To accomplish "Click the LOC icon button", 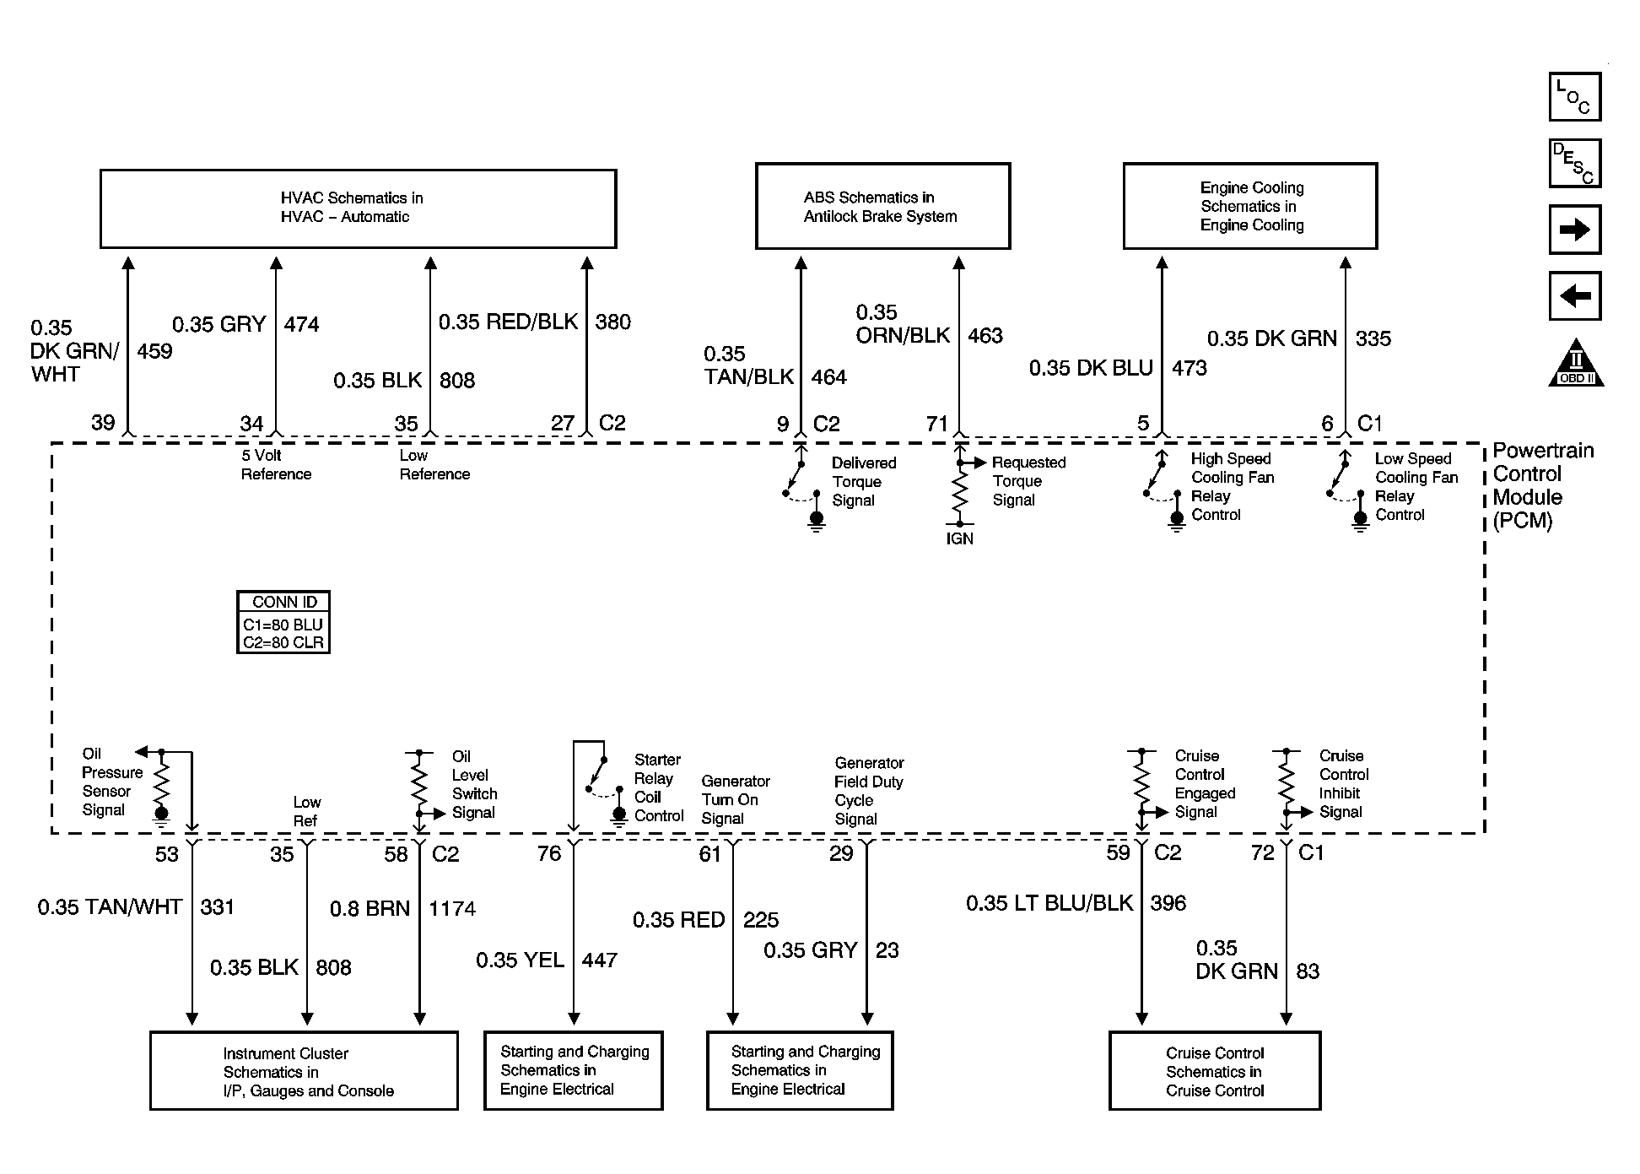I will (1574, 96).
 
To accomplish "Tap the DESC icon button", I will (1574, 163).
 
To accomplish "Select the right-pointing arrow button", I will (1574, 230).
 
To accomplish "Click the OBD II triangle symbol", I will (1575, 365).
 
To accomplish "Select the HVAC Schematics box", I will (358, 208).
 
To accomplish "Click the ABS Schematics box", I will (882, 207).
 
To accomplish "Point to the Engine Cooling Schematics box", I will (1249, 207).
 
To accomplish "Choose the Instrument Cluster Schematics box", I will (304, 1071).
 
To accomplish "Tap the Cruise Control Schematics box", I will (1214, 1071).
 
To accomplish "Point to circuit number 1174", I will (452, 909).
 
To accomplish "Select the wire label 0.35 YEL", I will (520, 960).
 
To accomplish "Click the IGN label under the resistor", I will (959, 539).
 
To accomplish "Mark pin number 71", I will (936, 424).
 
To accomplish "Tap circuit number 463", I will (985, 336).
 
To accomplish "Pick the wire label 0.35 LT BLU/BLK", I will (1049, 904).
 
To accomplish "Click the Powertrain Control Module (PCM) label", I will (1543, 485).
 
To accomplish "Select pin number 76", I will (549, 854).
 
